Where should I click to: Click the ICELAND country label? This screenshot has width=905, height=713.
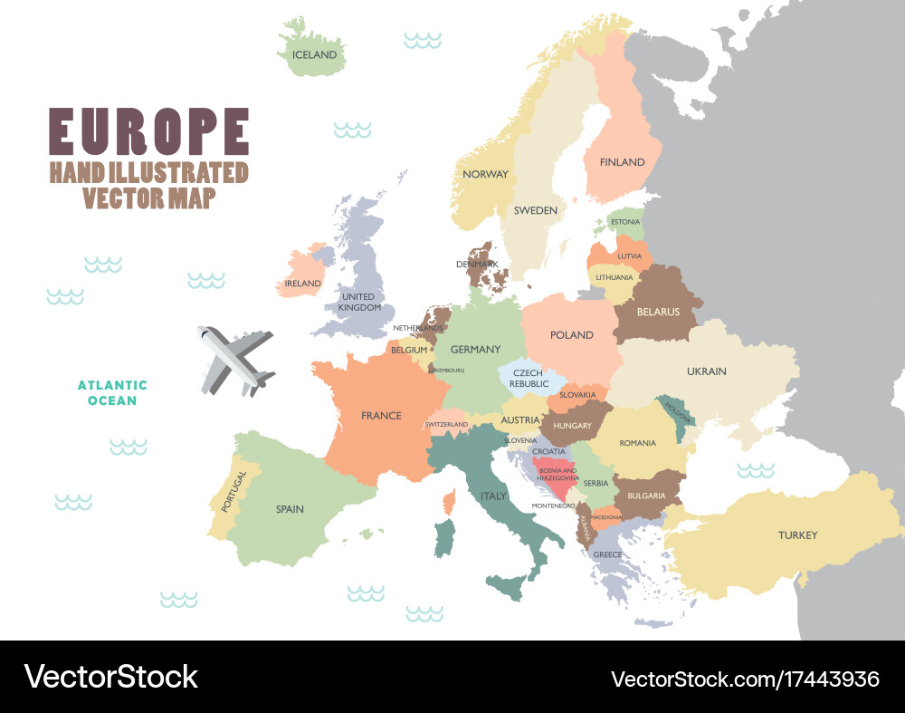(x=314, y=54)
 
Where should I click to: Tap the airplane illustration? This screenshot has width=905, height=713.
(x=234, y=360)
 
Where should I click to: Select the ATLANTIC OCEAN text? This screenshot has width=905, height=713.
(x=112, y=392)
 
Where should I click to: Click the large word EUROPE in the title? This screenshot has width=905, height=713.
(x=148, y=132)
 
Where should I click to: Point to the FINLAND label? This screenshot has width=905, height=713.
(x=622, y=162)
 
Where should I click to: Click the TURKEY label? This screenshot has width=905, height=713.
(x=797, y=535)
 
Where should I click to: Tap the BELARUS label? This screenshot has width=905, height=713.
(x=658, y=312)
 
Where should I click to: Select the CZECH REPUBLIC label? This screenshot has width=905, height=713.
(x=529, y=378)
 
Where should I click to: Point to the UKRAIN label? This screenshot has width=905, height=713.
(x=706, y=371)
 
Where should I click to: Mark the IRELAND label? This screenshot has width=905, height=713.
(x=303, y=284)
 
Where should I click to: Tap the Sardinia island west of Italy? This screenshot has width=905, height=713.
(x=443, y=538)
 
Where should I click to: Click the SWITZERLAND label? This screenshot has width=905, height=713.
(x=446, y=424)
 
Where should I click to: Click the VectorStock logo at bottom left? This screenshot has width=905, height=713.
(x=110, y=677)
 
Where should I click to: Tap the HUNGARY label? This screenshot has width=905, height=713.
(x=572, y=426)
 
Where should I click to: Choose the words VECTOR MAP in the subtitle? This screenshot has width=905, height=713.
(x=148, y=198)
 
